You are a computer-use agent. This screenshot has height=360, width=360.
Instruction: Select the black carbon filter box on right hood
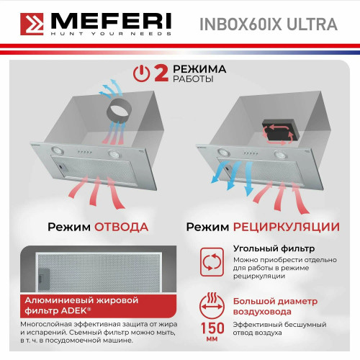279,130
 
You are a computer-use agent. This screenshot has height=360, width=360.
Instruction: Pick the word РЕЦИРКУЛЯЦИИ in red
287,227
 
